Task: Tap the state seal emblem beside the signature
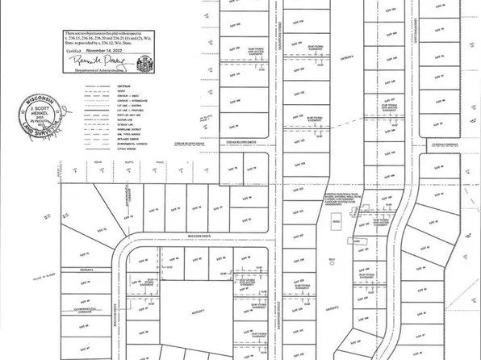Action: coord(145,61)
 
